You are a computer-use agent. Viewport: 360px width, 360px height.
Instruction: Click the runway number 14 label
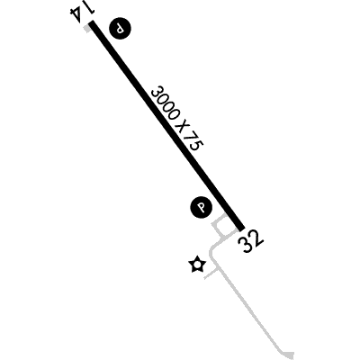tap(81, 14)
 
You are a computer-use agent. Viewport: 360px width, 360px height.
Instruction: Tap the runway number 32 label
tap(251, 241)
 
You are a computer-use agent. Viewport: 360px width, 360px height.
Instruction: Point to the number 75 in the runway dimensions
tap(193, 142)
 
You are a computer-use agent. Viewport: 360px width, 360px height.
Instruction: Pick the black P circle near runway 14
tap(121, 29)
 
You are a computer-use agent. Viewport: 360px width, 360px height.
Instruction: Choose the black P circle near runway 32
tap(202, 207)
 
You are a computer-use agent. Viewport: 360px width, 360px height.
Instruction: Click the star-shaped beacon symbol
tap(197, 265)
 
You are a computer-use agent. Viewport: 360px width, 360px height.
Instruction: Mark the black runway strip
tap(166, 125)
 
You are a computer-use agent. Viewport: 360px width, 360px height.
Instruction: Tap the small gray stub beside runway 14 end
tap(87, 29)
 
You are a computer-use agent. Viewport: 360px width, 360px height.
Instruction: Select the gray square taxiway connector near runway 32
tap(222, 229)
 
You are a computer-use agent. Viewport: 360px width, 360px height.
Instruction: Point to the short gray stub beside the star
tap(211, 274)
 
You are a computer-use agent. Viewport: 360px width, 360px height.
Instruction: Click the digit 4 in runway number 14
tap(75, 14)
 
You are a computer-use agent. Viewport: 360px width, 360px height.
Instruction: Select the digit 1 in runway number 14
tap(89, 12)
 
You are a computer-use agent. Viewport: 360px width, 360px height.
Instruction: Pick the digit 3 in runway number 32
tap(246, 245)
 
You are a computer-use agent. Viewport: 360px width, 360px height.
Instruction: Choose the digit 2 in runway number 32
tap(256, 238)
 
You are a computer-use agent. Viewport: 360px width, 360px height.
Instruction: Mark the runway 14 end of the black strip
tap(91, 22)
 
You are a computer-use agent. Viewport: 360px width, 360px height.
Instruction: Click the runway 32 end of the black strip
tap(242, 228)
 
